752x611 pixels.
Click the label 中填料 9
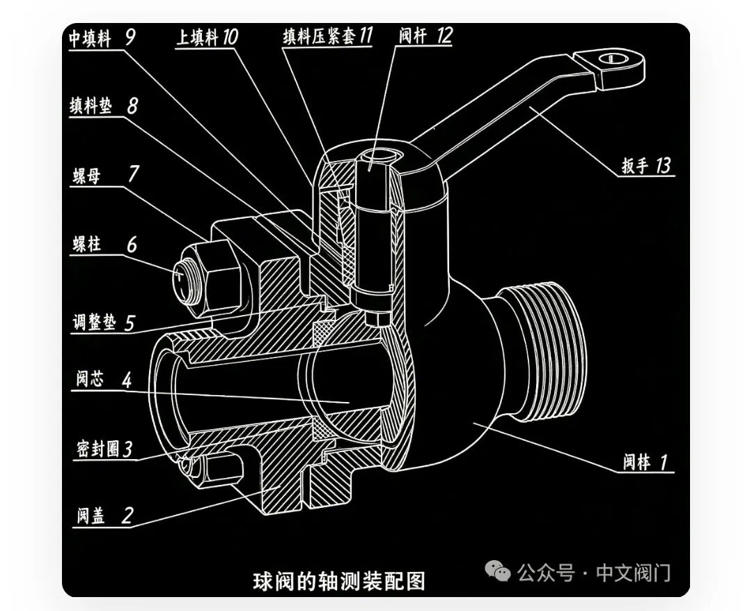pos(102,38)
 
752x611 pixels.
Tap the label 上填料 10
pos(207,37)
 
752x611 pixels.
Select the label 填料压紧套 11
pos(327,36)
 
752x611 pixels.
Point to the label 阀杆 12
pos(425,35)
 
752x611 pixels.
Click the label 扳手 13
pos(646,166)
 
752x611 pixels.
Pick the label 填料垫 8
pos(104,106)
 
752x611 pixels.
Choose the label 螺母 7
pos(106,175)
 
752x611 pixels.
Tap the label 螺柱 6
pos(105,244)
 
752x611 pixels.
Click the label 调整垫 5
pos(104,322)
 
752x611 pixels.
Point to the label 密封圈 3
pos(104,449)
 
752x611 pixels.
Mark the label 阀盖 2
pos(105,516)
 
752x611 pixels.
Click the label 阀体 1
pos(645,462)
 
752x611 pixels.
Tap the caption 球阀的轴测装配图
pos(339,581)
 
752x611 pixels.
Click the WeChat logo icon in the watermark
pos(498,571)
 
